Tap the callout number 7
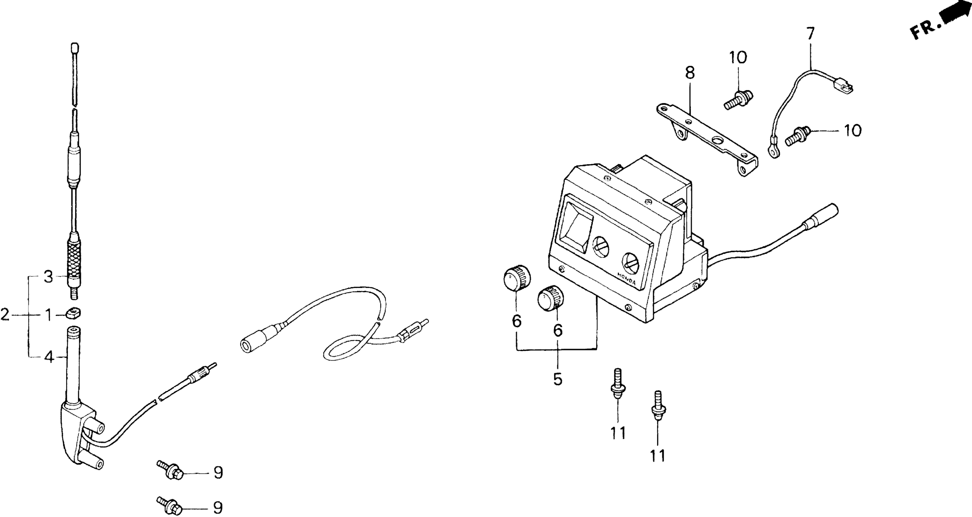(x=810, y=33)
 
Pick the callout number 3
(x=48, y=277)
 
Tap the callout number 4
(x=49, y=357)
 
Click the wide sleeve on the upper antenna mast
(x=74, y=166)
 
